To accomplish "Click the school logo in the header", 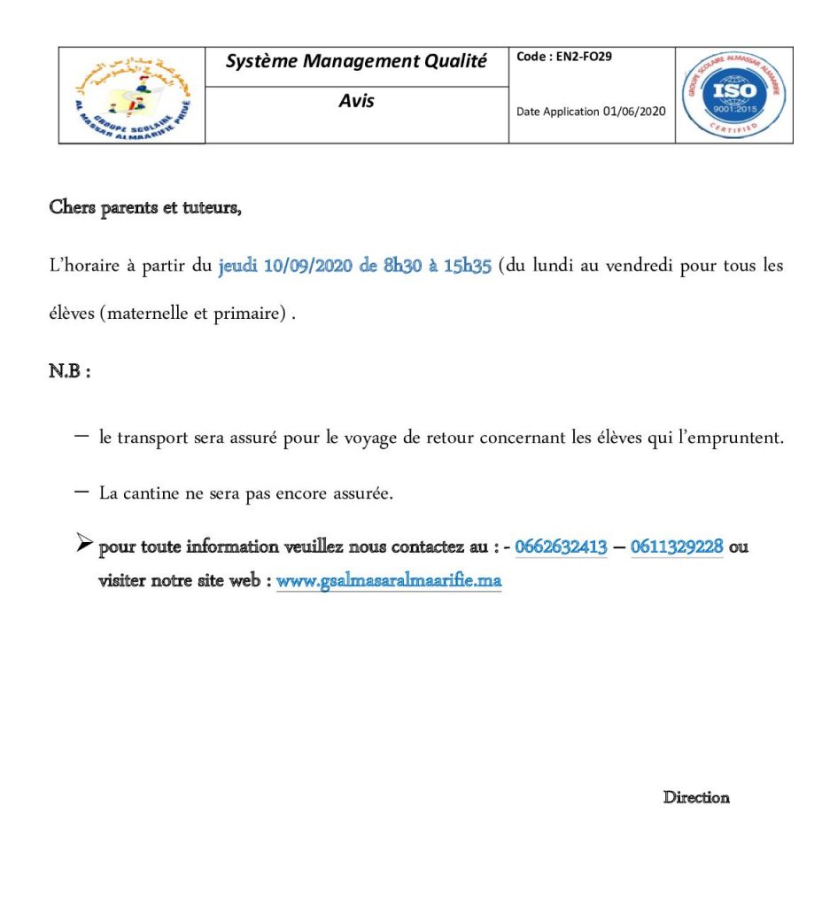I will (132, 96).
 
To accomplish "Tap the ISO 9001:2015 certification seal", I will (733, 95).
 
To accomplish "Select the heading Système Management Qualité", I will (356, 61).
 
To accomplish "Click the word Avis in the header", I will (356, 101).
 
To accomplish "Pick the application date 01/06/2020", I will (634, 112).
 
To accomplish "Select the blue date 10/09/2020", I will (308, 267).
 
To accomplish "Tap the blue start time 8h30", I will (404, 267).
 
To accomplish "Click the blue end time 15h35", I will (467, 267).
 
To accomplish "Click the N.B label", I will (69, 371).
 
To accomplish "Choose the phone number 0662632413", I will (561, 547).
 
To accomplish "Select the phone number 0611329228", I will (677, 547).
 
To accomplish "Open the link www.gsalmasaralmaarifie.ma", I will (389, 582).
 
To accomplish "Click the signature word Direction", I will (696, 797).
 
